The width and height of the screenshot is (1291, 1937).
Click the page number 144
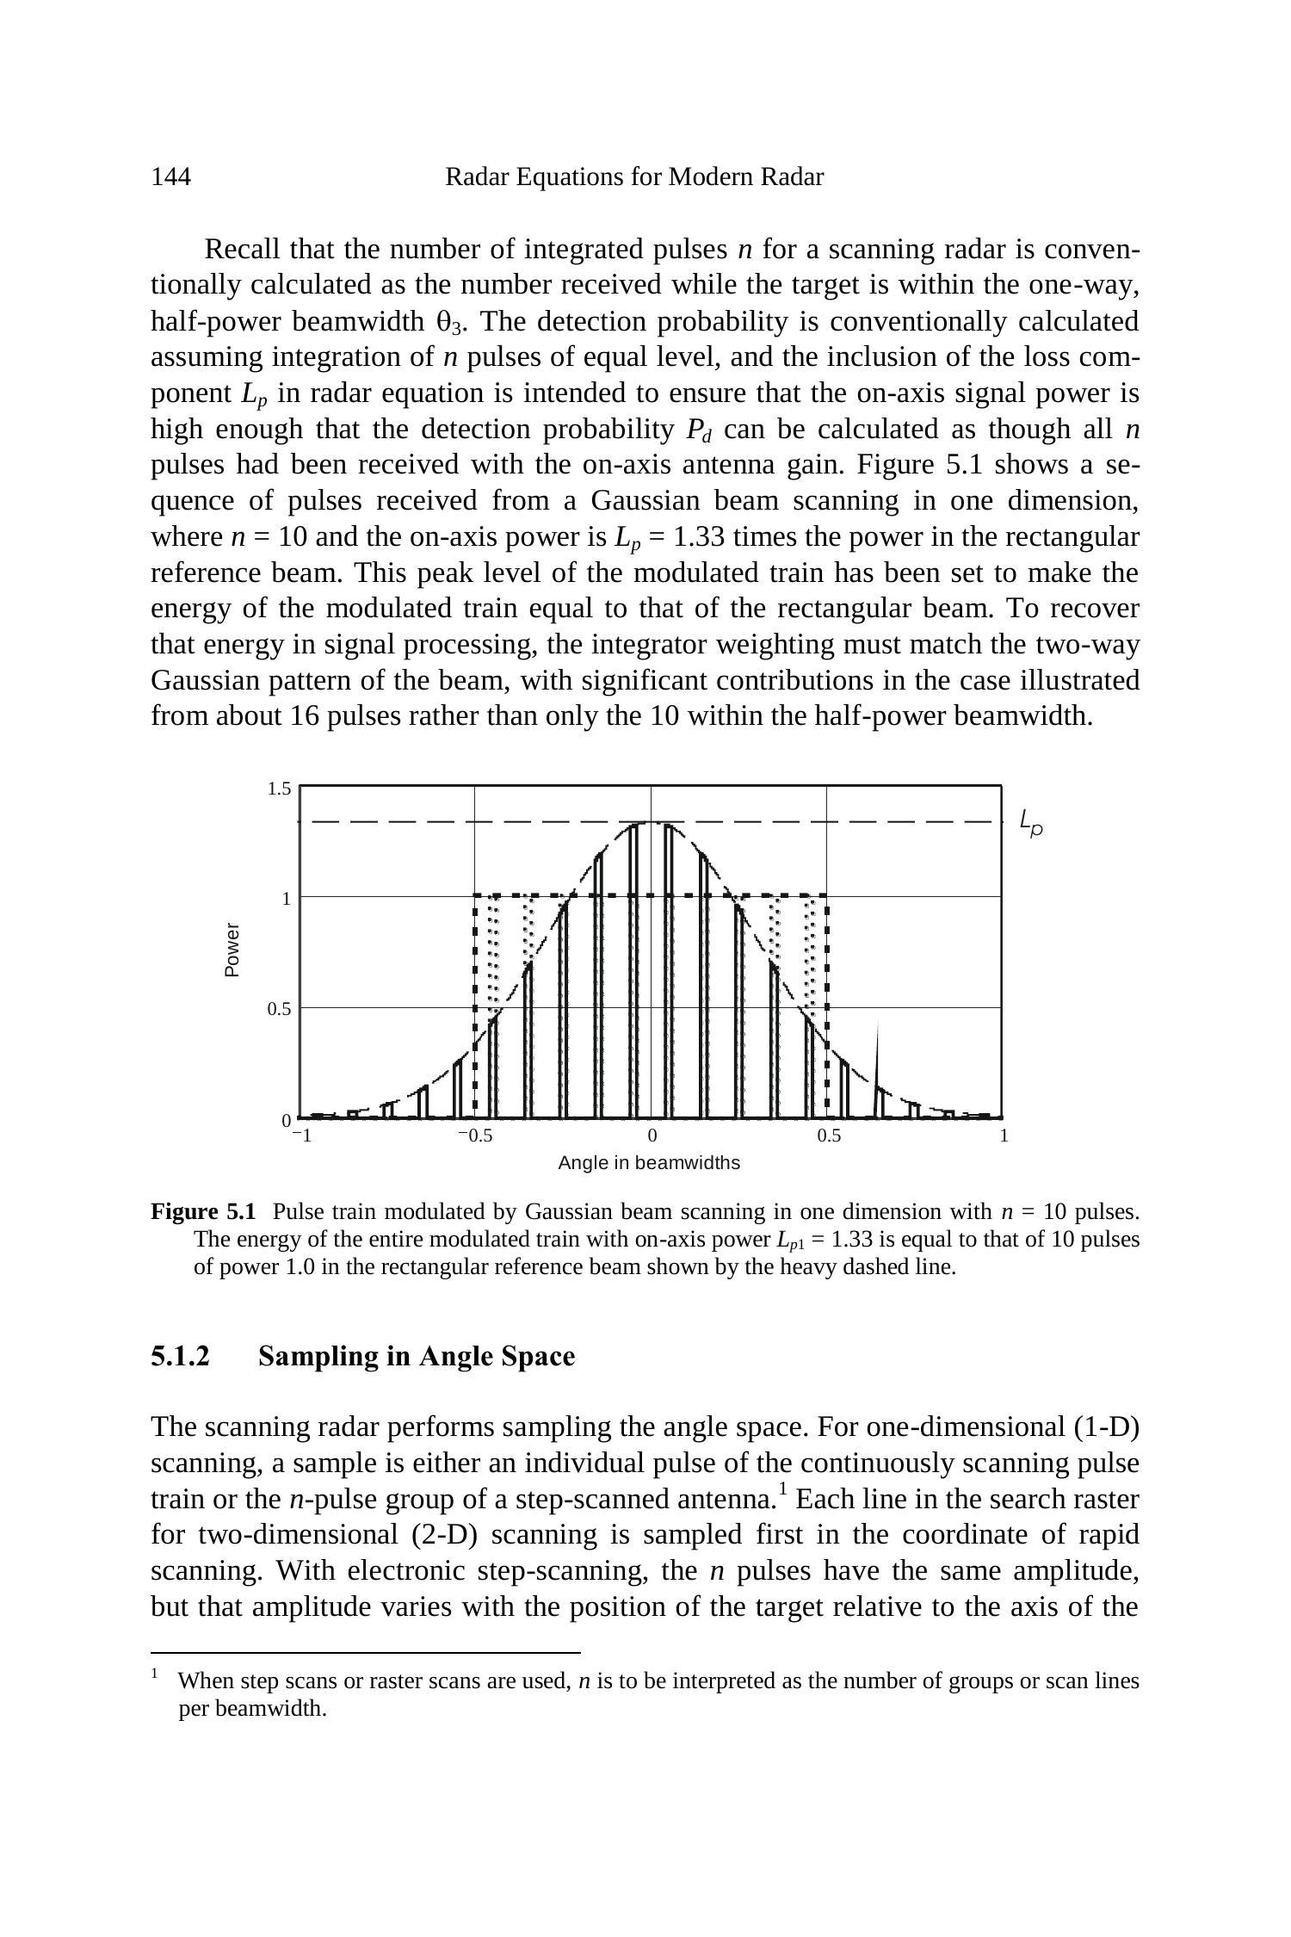(170, 177)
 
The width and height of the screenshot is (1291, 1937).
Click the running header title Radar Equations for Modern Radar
(633, 177)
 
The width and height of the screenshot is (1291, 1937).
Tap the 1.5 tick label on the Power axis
(279, 789)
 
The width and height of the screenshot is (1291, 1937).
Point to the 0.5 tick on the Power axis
(279, 1009)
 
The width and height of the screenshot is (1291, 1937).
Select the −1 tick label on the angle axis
(300, 1136)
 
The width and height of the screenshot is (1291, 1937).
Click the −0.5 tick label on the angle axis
(475, 1136)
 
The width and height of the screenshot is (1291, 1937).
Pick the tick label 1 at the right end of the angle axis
(1004, 1136)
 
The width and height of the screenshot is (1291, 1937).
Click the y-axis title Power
(232, 950)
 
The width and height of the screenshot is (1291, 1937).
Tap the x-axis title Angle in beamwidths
(649, 1163)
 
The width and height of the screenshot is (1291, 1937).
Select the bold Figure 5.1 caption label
(203, 1212)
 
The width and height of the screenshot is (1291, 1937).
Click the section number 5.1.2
(180, 1356)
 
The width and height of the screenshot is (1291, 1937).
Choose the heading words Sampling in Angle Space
(417, 1356)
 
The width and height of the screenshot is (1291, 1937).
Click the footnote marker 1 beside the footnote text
(155, 1674)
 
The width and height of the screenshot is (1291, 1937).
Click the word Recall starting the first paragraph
(244, 250)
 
